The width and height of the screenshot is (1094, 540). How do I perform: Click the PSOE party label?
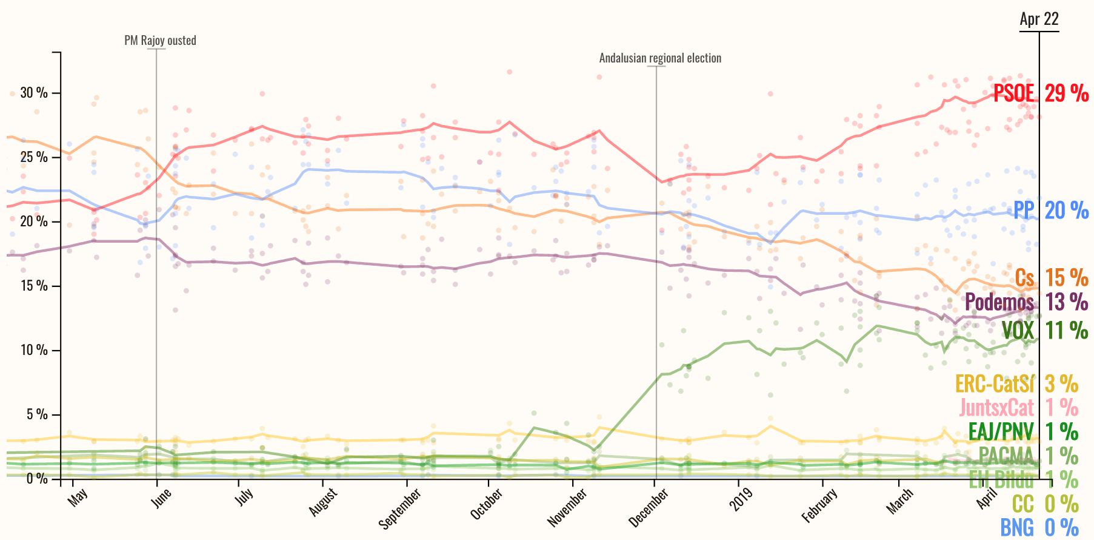[1013, 93]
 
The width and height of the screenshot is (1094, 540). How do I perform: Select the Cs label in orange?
[1024, 278]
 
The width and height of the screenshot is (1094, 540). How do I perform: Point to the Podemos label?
[999, 302]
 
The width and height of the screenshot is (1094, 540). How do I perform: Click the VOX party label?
[1018, 330]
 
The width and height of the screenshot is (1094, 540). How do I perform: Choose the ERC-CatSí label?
[995, 384]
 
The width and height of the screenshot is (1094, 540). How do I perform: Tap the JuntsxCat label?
[997, 407]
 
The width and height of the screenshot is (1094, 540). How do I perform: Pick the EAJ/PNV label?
[1001, 431]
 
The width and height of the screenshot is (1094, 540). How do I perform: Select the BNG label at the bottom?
[1017, 528]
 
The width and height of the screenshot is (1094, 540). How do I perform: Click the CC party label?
[1022, 504]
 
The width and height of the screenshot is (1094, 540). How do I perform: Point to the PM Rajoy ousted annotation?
[160, 41]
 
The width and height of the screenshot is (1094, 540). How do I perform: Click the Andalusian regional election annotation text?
[660, 58]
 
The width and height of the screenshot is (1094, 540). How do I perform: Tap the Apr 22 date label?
[1039, 19]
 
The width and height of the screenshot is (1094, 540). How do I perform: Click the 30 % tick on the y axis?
[34, 93]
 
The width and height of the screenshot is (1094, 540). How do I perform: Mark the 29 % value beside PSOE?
[1067, 93]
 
